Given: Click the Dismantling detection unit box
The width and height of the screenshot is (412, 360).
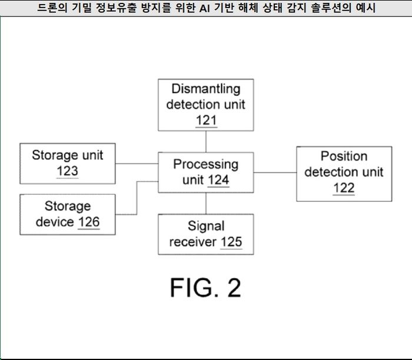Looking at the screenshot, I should click(205, 105).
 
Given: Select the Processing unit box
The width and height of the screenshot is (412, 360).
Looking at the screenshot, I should click(205, 172).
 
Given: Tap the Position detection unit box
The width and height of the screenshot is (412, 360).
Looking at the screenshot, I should click(344, 173).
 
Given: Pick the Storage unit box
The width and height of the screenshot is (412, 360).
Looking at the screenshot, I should click(67, 163).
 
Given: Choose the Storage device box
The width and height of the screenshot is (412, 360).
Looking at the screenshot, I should click(67, 214).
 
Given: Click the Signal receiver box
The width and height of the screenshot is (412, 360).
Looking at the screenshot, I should click(205, 234).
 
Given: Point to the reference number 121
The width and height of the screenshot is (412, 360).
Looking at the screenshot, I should click(206, 121).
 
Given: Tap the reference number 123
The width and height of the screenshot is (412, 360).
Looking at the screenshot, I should click(67, 171).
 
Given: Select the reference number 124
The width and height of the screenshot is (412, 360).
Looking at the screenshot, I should click(219, 180).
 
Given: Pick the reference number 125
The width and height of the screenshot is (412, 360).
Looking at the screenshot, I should click(231, 242).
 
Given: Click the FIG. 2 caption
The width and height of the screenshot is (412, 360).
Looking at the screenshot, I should click(205, 288).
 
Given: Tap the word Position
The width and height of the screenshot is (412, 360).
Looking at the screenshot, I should click(344, 156).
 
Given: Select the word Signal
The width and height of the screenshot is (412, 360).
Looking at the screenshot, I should click(206, 226).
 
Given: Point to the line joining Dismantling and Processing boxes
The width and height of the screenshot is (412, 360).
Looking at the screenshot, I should click(205, 141).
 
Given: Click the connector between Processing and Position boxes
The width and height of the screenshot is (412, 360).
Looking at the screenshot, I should click(275, 172).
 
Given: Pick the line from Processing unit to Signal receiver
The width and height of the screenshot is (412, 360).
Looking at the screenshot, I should click(205, 203).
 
